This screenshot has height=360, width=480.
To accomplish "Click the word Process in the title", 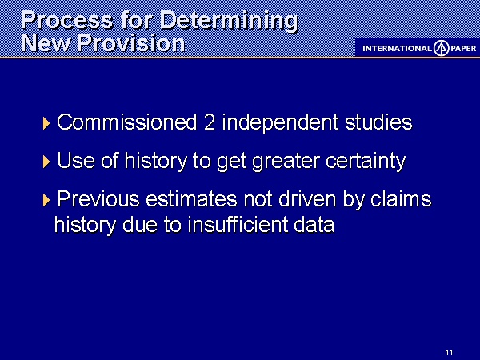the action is (x=67, y=21).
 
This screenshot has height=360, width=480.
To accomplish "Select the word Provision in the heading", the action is (x=131, y=43).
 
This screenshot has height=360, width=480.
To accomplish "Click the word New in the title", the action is (x=46, y=43).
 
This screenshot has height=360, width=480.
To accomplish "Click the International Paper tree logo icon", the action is (x=441, y=48).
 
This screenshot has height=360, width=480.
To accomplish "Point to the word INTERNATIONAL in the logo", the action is (x=397, y=48).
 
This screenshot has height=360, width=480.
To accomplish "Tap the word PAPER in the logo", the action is (x=463, y=48).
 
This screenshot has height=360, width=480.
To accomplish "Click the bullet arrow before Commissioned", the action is (x=46, y=123).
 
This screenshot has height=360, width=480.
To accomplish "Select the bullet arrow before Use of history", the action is (x=46, y=162).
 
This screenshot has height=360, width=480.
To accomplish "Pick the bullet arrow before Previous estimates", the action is (x=46, y=200).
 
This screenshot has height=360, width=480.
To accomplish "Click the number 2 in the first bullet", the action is (x=209, y=122).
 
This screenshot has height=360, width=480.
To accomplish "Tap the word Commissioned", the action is (x=126, y=122).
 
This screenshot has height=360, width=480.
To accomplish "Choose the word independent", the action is (x=280, y=123).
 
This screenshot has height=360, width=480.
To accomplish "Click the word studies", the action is (x=378, y=122).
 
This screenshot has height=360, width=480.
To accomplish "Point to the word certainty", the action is (x=366, y=162).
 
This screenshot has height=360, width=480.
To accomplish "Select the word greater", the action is (x=286, y=162).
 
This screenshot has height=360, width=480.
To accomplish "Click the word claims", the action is (x=401, y=199).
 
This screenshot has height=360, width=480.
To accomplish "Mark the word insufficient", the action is (x=238, y=224).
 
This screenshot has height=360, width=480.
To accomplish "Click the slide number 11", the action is (x=449, y=352).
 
